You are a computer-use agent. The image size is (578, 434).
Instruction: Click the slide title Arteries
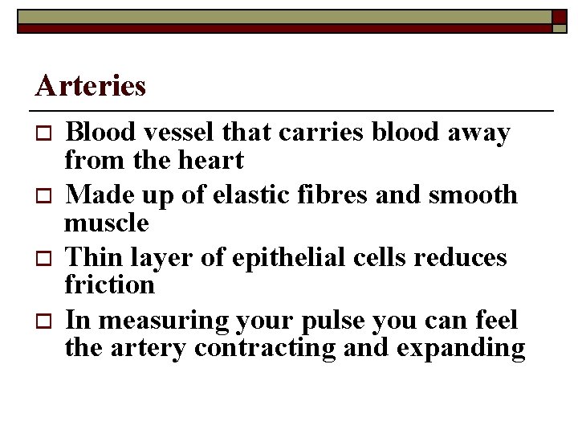tap(91, 85)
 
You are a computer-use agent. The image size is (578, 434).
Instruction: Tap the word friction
tap(109, 285)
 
